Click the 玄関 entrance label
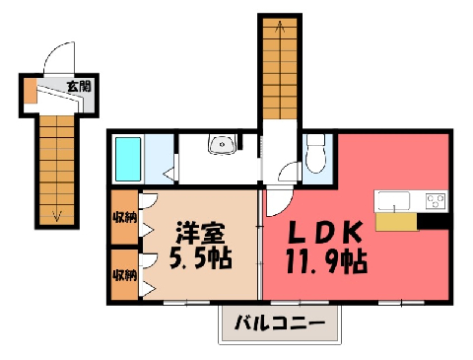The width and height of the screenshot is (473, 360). point(79,87)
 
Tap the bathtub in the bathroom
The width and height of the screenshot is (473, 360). point(128,160)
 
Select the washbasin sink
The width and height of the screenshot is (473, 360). point(222,144)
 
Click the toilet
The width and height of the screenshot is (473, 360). point(315,154)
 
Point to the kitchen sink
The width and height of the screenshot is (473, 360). point(394,201)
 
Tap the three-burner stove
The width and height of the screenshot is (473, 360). point(436,201)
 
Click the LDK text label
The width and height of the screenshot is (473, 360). point(325,232)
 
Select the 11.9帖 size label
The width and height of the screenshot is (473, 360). point(326,261)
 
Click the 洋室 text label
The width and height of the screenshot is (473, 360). point(201,233)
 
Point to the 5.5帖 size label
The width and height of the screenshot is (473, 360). point(201,257)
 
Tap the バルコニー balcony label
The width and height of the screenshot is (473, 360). point(280,323)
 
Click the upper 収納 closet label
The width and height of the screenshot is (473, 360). point(124,217)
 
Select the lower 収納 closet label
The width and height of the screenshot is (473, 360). point(124,275)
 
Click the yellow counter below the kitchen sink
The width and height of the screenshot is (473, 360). point(396,222)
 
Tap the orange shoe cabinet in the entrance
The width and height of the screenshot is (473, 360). point(31,91)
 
